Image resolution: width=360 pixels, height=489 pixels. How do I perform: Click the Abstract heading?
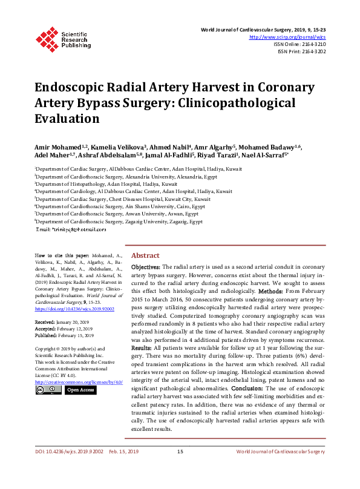point(145,256)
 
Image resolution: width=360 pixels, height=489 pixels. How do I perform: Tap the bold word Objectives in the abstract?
point(146,267)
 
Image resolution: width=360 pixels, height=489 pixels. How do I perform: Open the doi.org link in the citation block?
point(66,308)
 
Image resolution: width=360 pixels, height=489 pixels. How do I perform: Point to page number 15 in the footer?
point(180,469)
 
